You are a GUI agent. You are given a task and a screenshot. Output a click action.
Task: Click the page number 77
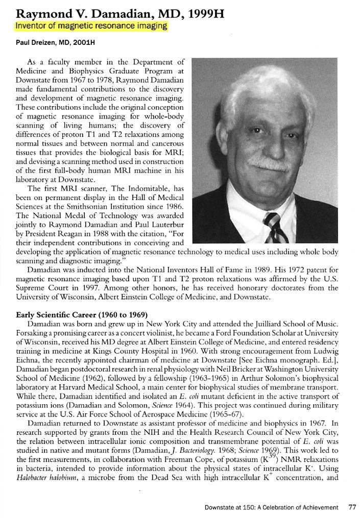click(352, 507)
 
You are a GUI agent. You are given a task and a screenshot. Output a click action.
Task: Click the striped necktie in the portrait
click(276, 228)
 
